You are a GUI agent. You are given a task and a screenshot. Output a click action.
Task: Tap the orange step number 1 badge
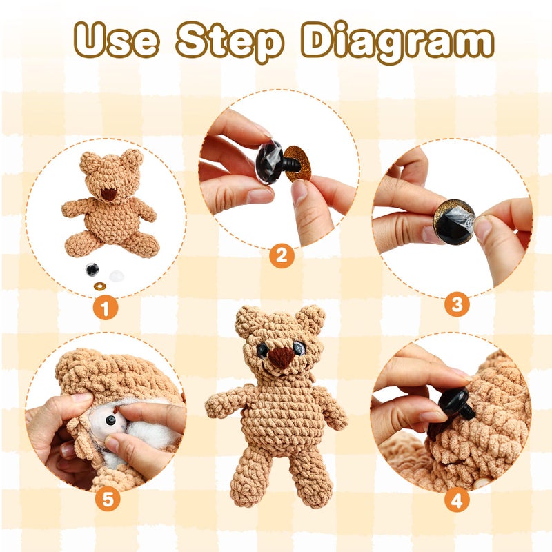(x=106, y=308)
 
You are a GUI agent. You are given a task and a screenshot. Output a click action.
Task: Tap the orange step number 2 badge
(x=282, y=256)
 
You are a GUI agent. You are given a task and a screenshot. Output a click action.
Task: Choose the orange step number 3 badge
(x=457, y=304)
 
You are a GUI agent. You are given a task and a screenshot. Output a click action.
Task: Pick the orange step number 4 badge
(x=457, y=500)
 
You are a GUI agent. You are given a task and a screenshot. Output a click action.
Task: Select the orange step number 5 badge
(x=108, y=499)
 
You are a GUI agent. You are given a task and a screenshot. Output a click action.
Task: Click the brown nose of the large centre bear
(x=281, y=357)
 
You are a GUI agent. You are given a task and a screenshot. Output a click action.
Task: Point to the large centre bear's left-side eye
(x=262, y=350)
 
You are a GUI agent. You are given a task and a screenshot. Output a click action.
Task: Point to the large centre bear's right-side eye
(x=299, y=348)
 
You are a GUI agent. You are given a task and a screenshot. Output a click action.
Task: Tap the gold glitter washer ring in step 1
(x=99, y=286)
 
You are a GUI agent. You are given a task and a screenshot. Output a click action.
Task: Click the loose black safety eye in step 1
(x=92, y=270)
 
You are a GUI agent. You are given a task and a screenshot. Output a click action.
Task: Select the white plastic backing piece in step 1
(x=117, y=277)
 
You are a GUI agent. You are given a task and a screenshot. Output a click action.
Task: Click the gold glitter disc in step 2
(x=298, y=164)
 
